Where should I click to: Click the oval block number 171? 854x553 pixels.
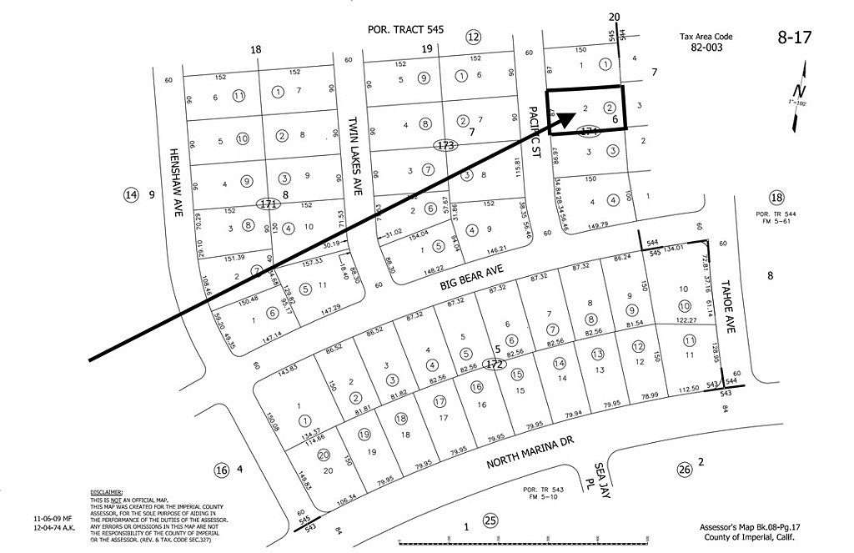(267, 203)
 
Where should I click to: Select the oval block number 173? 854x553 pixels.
(446, 145)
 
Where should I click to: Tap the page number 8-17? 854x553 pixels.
(794, 37)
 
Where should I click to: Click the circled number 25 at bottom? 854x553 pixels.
(490, 521)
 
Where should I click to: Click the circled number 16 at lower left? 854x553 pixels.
(221, 470)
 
